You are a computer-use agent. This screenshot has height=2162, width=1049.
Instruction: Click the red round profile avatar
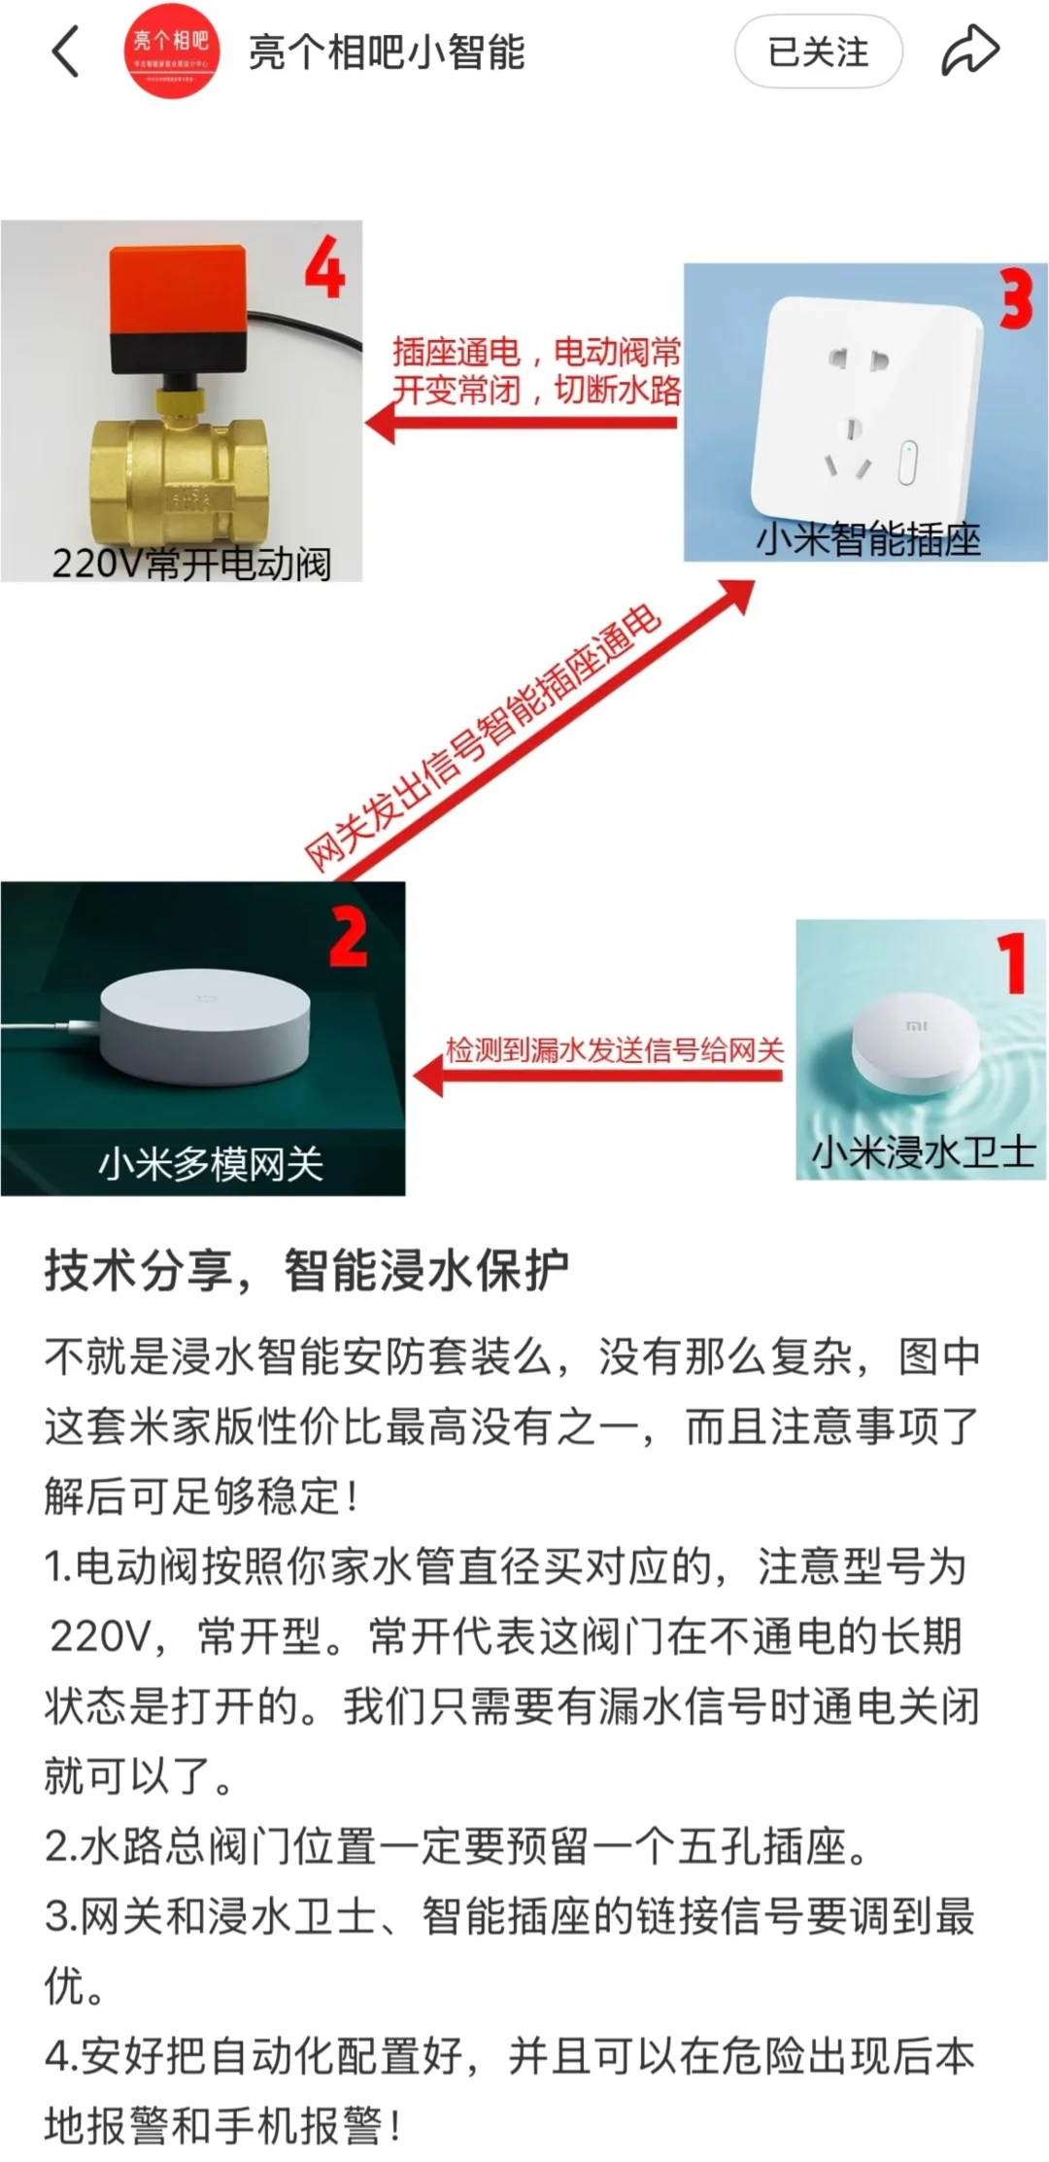(x=171, y=51)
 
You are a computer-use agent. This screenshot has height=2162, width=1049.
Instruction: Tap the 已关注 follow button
(x=818, y=51)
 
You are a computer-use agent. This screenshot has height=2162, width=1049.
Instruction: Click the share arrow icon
(x=969, y=51)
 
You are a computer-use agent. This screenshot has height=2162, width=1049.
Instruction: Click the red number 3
(x=1016, y=300)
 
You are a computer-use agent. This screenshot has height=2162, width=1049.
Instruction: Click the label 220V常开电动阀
(x=191, y=564)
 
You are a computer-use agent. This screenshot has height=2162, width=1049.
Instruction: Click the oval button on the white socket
(x=907, y=463)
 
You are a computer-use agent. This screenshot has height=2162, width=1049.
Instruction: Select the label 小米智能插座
(x=867, y=538)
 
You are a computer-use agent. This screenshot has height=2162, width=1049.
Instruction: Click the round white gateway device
(x=204, y=1025)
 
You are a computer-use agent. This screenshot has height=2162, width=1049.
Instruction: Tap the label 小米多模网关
(x=210, y=1163)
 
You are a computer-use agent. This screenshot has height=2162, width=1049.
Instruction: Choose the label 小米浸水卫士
(x=923, y=1152)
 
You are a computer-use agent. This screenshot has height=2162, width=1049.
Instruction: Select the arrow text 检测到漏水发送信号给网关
(x=614, y=1050)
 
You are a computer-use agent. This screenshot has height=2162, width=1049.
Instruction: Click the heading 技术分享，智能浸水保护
(x=306, y=1271)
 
